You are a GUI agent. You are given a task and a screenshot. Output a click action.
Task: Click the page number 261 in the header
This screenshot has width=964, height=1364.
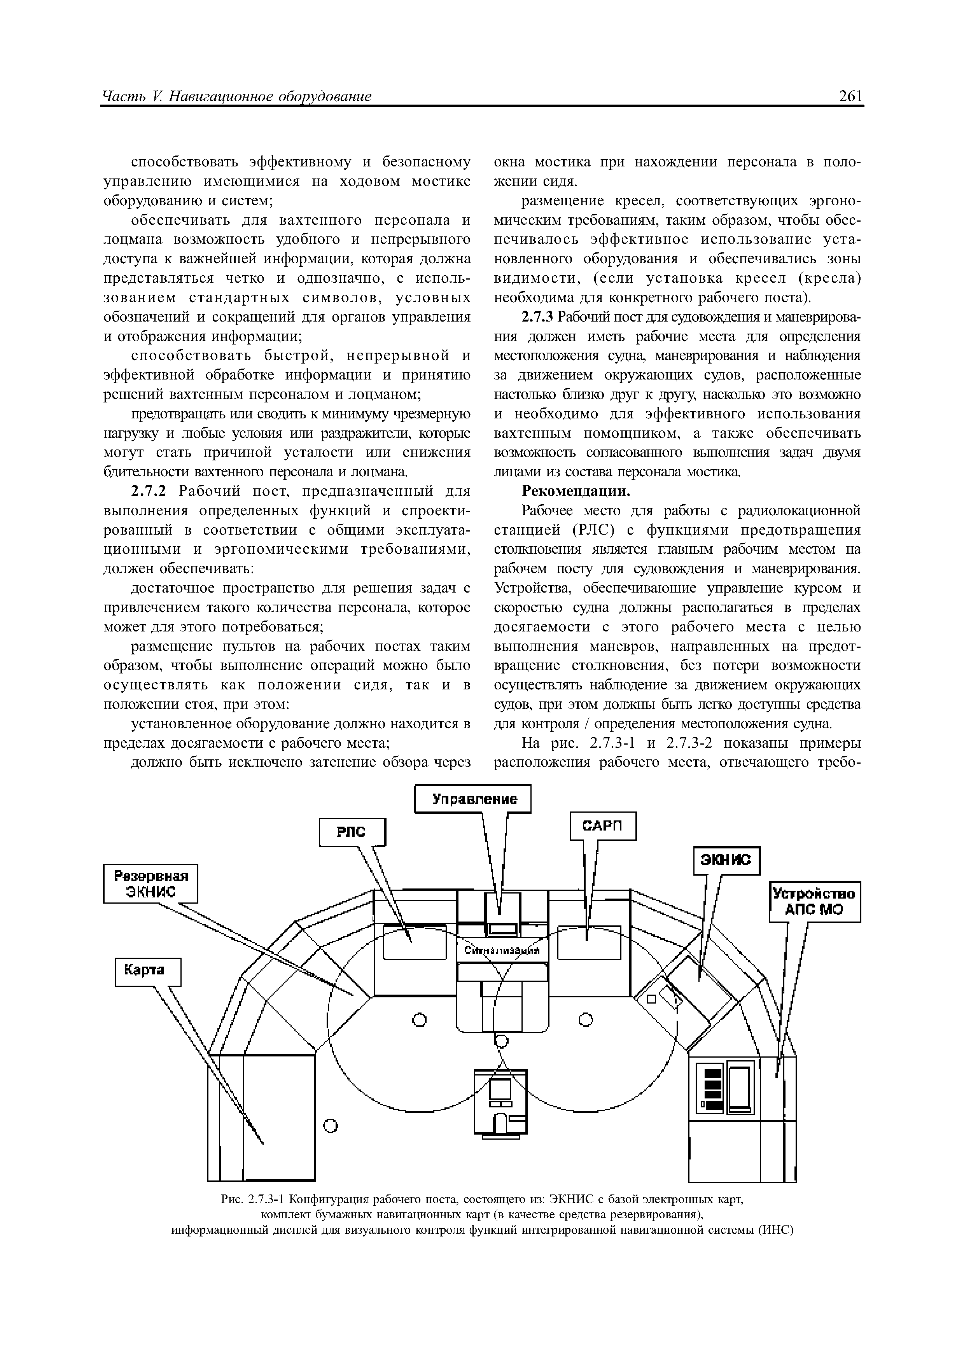850,96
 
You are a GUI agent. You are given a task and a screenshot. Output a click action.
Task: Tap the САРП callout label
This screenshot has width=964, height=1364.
603,826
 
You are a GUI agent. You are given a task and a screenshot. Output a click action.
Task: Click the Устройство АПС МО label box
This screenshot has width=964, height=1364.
814,901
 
